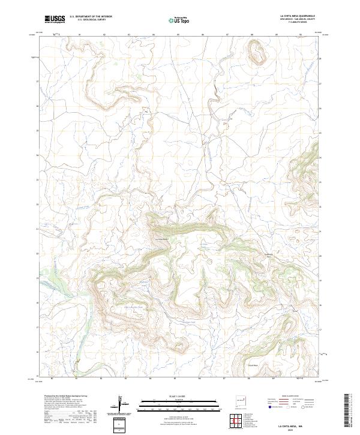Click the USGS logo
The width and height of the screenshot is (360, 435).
pos(55,19)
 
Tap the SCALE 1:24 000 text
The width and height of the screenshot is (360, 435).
pos(179,395)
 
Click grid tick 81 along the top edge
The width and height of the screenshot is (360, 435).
pos(79,35)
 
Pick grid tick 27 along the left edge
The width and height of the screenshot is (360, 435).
pos(37,80)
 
